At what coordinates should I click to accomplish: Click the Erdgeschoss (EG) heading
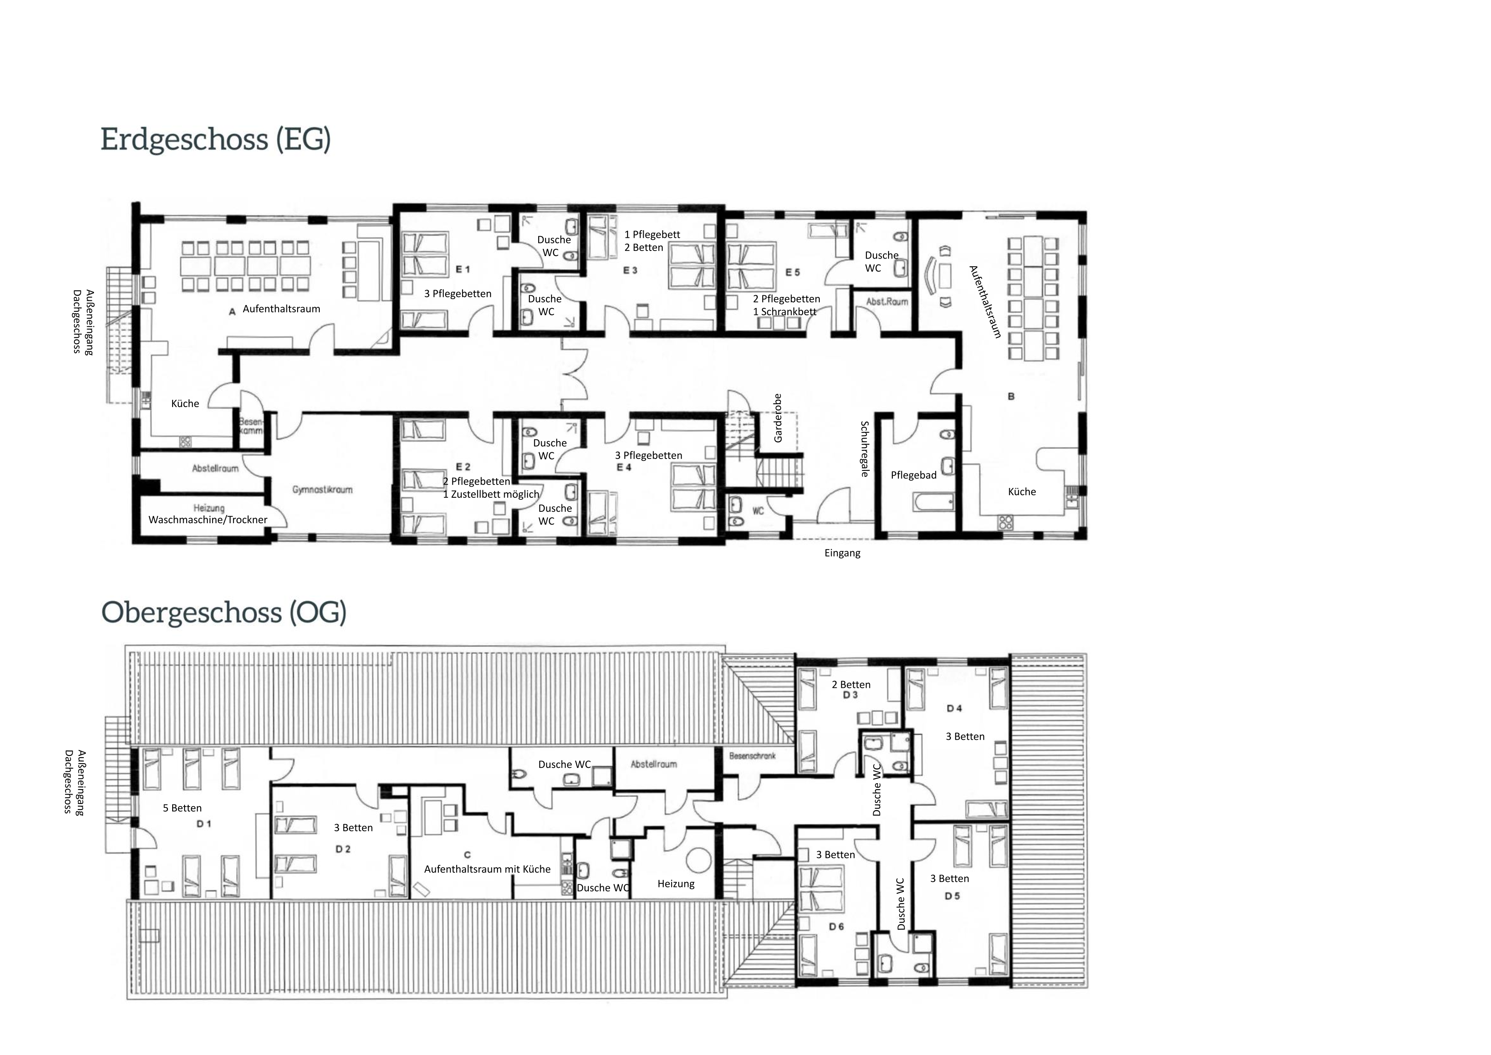click(x=216, y=140)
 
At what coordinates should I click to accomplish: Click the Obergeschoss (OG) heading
click(x=224, y=613)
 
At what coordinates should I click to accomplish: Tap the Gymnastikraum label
click(x=322, y=489)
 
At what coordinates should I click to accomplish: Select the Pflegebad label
click(x=914, y=475)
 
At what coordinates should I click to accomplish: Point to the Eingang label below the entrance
click(x=842, y=553)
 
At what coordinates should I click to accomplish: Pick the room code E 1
click(x=463, y=269)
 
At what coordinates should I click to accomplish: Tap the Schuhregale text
click(x=865, y=449)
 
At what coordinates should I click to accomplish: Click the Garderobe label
click(x=778, y=418)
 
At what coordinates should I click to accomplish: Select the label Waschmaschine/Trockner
click(x=208, y=520)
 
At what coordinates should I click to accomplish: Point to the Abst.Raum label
click(x=887, y=302)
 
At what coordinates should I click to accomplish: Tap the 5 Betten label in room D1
click(x=182, y=808)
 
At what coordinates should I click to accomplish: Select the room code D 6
click(x=836, y=927)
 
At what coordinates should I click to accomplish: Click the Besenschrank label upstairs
click(x=752, y=756)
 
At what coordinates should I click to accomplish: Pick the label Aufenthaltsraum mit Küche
click(x=487, y=869)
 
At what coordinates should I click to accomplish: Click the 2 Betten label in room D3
click(x=851, y=685)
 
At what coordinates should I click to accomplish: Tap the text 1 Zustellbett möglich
click(x=491, y=494)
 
